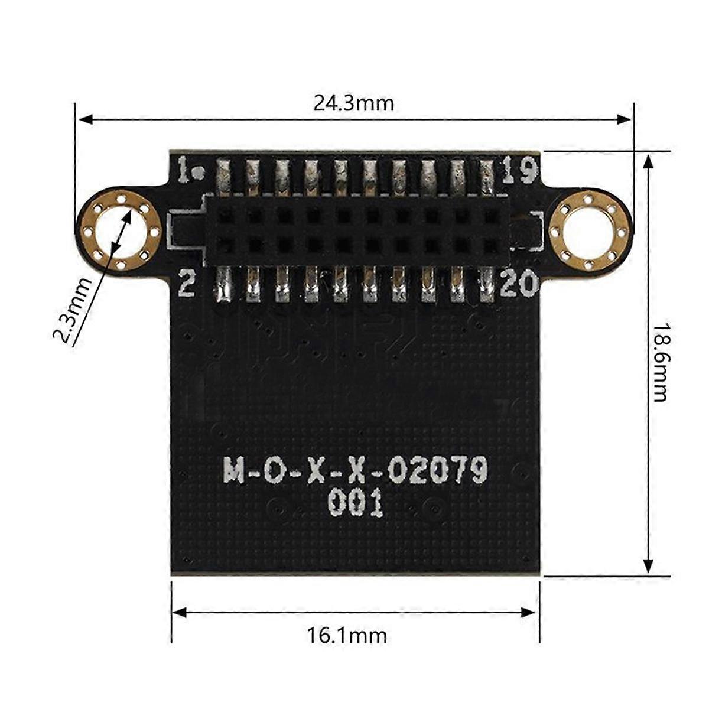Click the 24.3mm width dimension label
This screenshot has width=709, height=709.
click(x=353, y=104)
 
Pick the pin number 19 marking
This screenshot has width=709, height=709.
click(x=519, y=171)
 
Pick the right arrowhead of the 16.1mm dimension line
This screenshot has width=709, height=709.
click(x=531, y=612)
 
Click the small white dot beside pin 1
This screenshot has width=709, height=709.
click(x=201, y=174)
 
